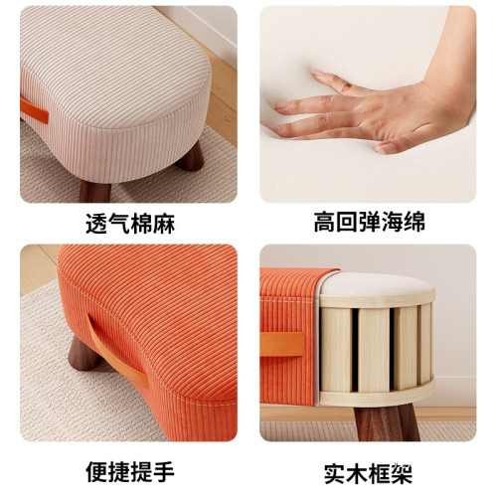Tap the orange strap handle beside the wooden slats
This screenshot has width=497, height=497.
(x=283, y=344)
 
